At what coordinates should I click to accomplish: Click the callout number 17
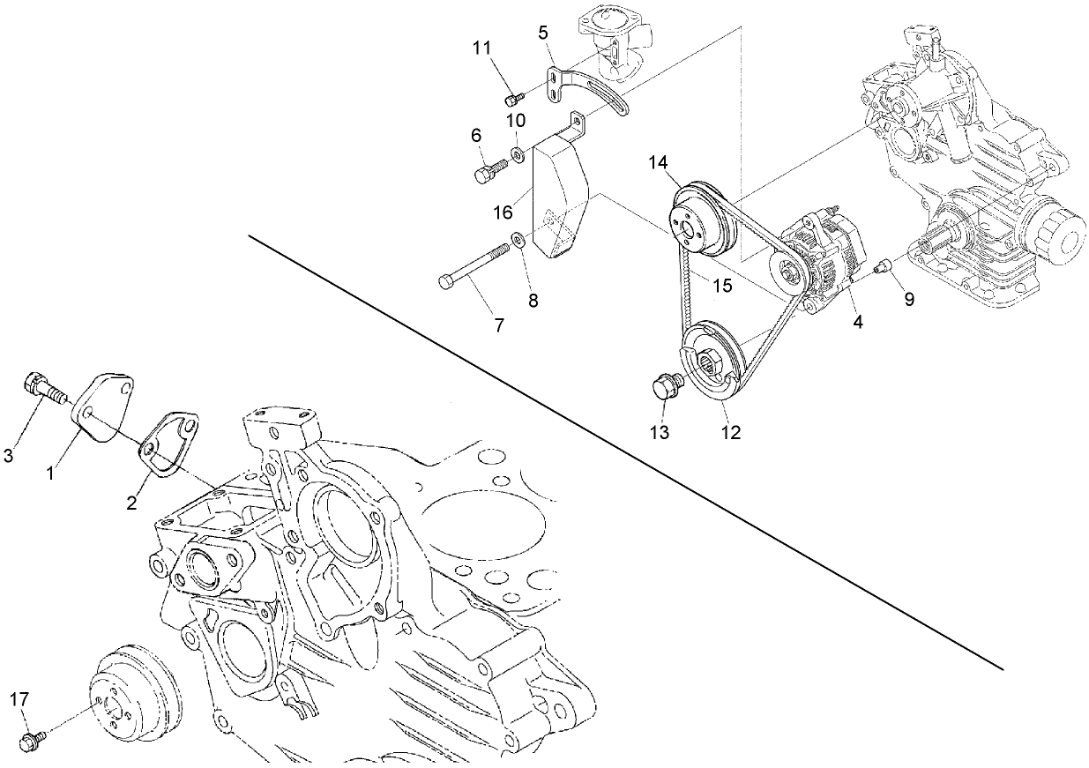coord(19,699)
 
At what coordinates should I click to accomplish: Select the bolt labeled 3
coord(41,388)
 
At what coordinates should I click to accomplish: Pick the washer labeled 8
coord(518,239)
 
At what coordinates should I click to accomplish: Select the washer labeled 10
coord(518,156)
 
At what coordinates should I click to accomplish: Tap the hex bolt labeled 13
coord(663,388)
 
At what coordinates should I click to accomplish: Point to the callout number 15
coord(722,286)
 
